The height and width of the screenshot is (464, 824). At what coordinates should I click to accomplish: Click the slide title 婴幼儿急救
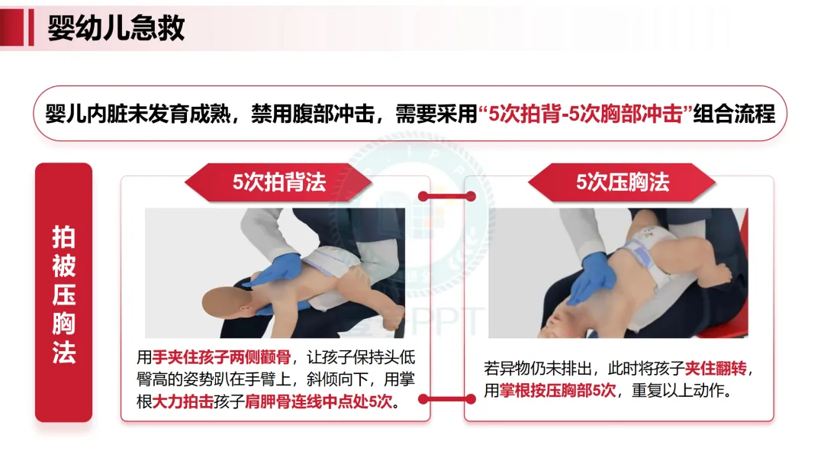pos(116,27)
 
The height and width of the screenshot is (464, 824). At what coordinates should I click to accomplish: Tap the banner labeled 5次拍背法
pos(278,182)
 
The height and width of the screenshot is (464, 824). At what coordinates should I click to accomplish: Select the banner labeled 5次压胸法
pos(623,182)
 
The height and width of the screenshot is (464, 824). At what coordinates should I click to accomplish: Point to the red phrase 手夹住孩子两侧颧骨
pos(221,357)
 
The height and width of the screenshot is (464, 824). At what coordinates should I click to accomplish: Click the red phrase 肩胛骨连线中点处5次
pos(318,401)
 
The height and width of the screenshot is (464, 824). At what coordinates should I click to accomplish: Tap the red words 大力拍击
pos(183,401)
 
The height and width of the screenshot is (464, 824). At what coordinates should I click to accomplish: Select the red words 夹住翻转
pos(715,369)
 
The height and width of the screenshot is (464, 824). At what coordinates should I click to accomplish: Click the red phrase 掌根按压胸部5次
pos(558,391)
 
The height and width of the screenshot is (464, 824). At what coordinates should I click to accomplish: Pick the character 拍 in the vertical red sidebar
pos(63,237)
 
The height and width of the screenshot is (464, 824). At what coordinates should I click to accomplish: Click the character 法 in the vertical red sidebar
pos(63,352)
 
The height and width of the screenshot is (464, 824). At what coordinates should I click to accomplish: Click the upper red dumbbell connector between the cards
pos(446,197)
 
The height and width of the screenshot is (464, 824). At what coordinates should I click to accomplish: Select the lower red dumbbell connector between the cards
pos(446,399)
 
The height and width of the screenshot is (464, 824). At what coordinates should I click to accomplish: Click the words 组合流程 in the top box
pos(734,114)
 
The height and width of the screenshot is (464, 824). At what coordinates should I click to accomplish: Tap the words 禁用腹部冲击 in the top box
pos(314,114)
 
